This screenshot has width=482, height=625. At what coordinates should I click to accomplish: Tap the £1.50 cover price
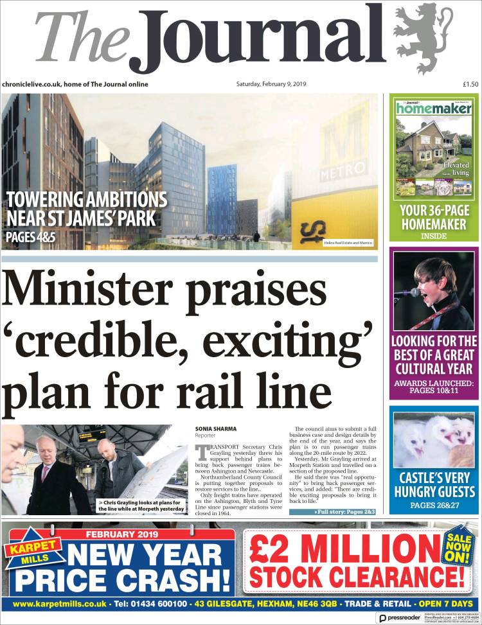(470, 84)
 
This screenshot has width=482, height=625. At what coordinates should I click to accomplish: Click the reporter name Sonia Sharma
(217, 428)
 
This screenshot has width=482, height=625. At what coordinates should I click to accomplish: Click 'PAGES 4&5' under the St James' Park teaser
(31, 236)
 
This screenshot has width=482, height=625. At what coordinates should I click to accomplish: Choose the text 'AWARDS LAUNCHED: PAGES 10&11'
(434, 388)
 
